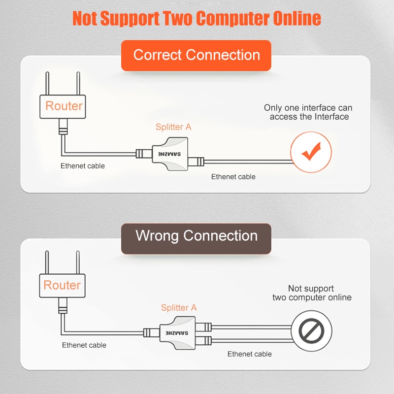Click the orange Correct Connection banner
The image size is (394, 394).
(x=196, y=55)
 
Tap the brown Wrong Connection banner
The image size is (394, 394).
(x=196, y=238)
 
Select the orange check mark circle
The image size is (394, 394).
(x=311, y=152)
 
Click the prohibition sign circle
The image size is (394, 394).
(x=311, y=331)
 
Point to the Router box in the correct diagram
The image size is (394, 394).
(x=63, y=106)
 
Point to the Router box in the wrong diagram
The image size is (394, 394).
(x=63, y=286)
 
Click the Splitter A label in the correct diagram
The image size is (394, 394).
(x=173, y=127)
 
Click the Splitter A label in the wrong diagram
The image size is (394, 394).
(x=179, y=307)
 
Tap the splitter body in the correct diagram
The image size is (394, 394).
(x=170, y=154)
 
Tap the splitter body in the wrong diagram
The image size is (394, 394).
(x=178, y=333)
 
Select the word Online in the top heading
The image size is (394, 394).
(x=297, y=18)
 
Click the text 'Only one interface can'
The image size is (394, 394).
(x=308, y=108)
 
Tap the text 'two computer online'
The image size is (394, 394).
(x=312, y=297)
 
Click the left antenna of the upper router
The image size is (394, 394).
(x=47, y=83)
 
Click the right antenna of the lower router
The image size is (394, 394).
(x=78, y=263)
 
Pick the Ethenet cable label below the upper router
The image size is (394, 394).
(x=83, y=166)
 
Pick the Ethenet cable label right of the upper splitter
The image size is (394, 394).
(x=233, y=177)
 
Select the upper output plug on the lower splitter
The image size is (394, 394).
(x=203, y=327)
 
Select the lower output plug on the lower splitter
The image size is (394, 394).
(x=203, y=341)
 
